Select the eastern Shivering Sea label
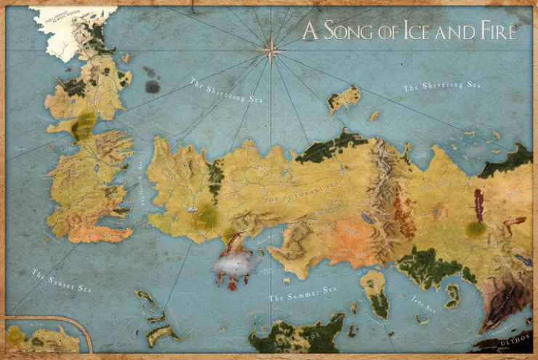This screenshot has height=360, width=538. (442, 87)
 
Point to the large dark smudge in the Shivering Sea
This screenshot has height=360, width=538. (152, 87)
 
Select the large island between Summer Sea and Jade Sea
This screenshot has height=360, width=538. (375, 292)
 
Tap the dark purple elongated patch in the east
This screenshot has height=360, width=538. (478, 205)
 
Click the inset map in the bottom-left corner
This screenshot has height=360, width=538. (44, 337)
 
